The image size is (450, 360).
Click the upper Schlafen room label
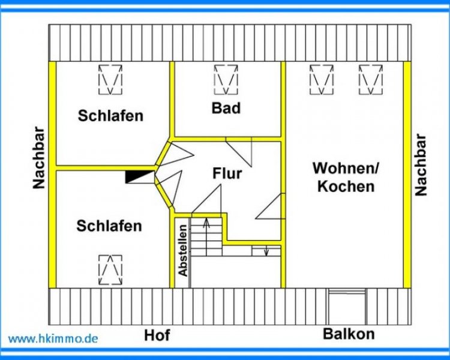110,116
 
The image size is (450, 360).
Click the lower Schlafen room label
109,226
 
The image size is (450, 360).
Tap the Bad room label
226,108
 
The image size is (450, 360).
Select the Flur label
227,174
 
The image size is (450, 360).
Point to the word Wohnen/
346,168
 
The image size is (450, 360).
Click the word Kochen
346,186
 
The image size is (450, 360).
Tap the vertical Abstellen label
183,253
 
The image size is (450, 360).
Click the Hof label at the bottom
157,335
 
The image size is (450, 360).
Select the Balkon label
349,334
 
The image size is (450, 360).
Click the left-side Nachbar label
40,158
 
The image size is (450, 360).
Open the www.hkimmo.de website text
53,338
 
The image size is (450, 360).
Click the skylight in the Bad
226,79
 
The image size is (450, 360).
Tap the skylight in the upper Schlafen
110,79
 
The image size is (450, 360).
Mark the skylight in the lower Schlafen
110,269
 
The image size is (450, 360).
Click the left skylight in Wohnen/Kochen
322,79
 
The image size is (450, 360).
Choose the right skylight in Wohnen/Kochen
370,79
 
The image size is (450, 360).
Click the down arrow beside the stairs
266,250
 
